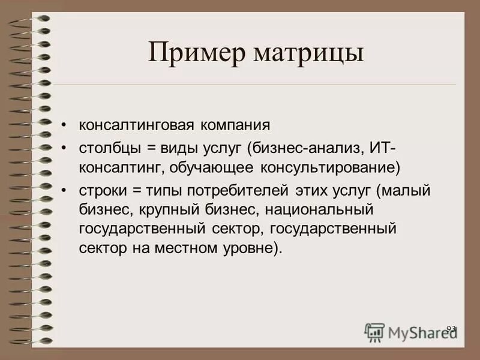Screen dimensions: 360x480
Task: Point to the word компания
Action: coord(235,127)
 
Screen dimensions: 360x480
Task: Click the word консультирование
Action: coord(330,166)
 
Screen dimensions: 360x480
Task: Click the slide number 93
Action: coord(451,328)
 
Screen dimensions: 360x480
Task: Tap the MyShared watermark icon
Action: coord(375,332)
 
